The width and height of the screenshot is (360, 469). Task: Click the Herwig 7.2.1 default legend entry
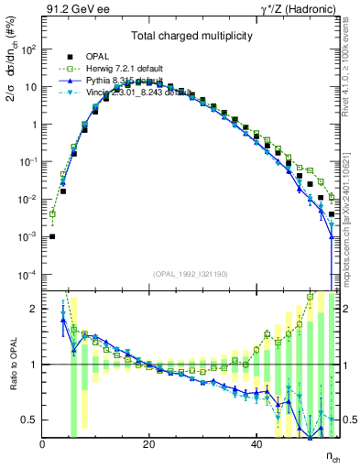click(x=134, y=68)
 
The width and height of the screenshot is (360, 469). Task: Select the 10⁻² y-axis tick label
click(x=29, y=200)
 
